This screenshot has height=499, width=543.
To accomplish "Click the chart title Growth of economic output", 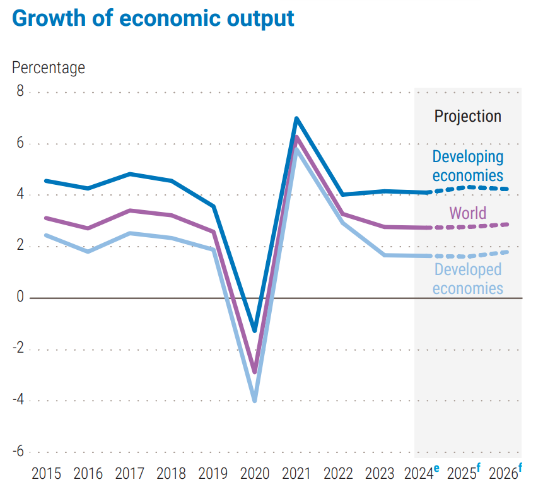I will tap(153, 18).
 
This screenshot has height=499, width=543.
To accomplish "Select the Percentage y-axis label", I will tap(49, 67).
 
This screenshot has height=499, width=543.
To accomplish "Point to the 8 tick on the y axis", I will tap(20, 92).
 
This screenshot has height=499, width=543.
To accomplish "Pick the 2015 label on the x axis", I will tap(47, 474).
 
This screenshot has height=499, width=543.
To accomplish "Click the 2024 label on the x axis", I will tap(420, 474).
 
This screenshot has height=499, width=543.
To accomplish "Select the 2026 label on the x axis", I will tap(503, 474).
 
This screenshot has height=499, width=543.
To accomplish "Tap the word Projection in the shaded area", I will tap(468, 116).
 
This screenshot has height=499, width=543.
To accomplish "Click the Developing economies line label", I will tap(468, 166).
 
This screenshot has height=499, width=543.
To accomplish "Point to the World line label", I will tap(468, 213).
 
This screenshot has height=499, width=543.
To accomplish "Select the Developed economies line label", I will tap(468, 279).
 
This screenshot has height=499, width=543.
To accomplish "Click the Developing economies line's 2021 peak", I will tap(296, 119).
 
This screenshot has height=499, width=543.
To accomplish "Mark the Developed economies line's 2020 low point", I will tap(255, 400).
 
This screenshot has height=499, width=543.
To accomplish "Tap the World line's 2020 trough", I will tap(255, 371).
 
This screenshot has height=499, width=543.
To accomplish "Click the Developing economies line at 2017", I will tap(129, 173).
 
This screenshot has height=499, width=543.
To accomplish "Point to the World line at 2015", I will tap(47, 218).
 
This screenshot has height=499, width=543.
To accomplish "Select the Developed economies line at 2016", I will tap(88, 252).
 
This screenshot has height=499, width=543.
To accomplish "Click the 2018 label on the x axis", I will tap(171, 474).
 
